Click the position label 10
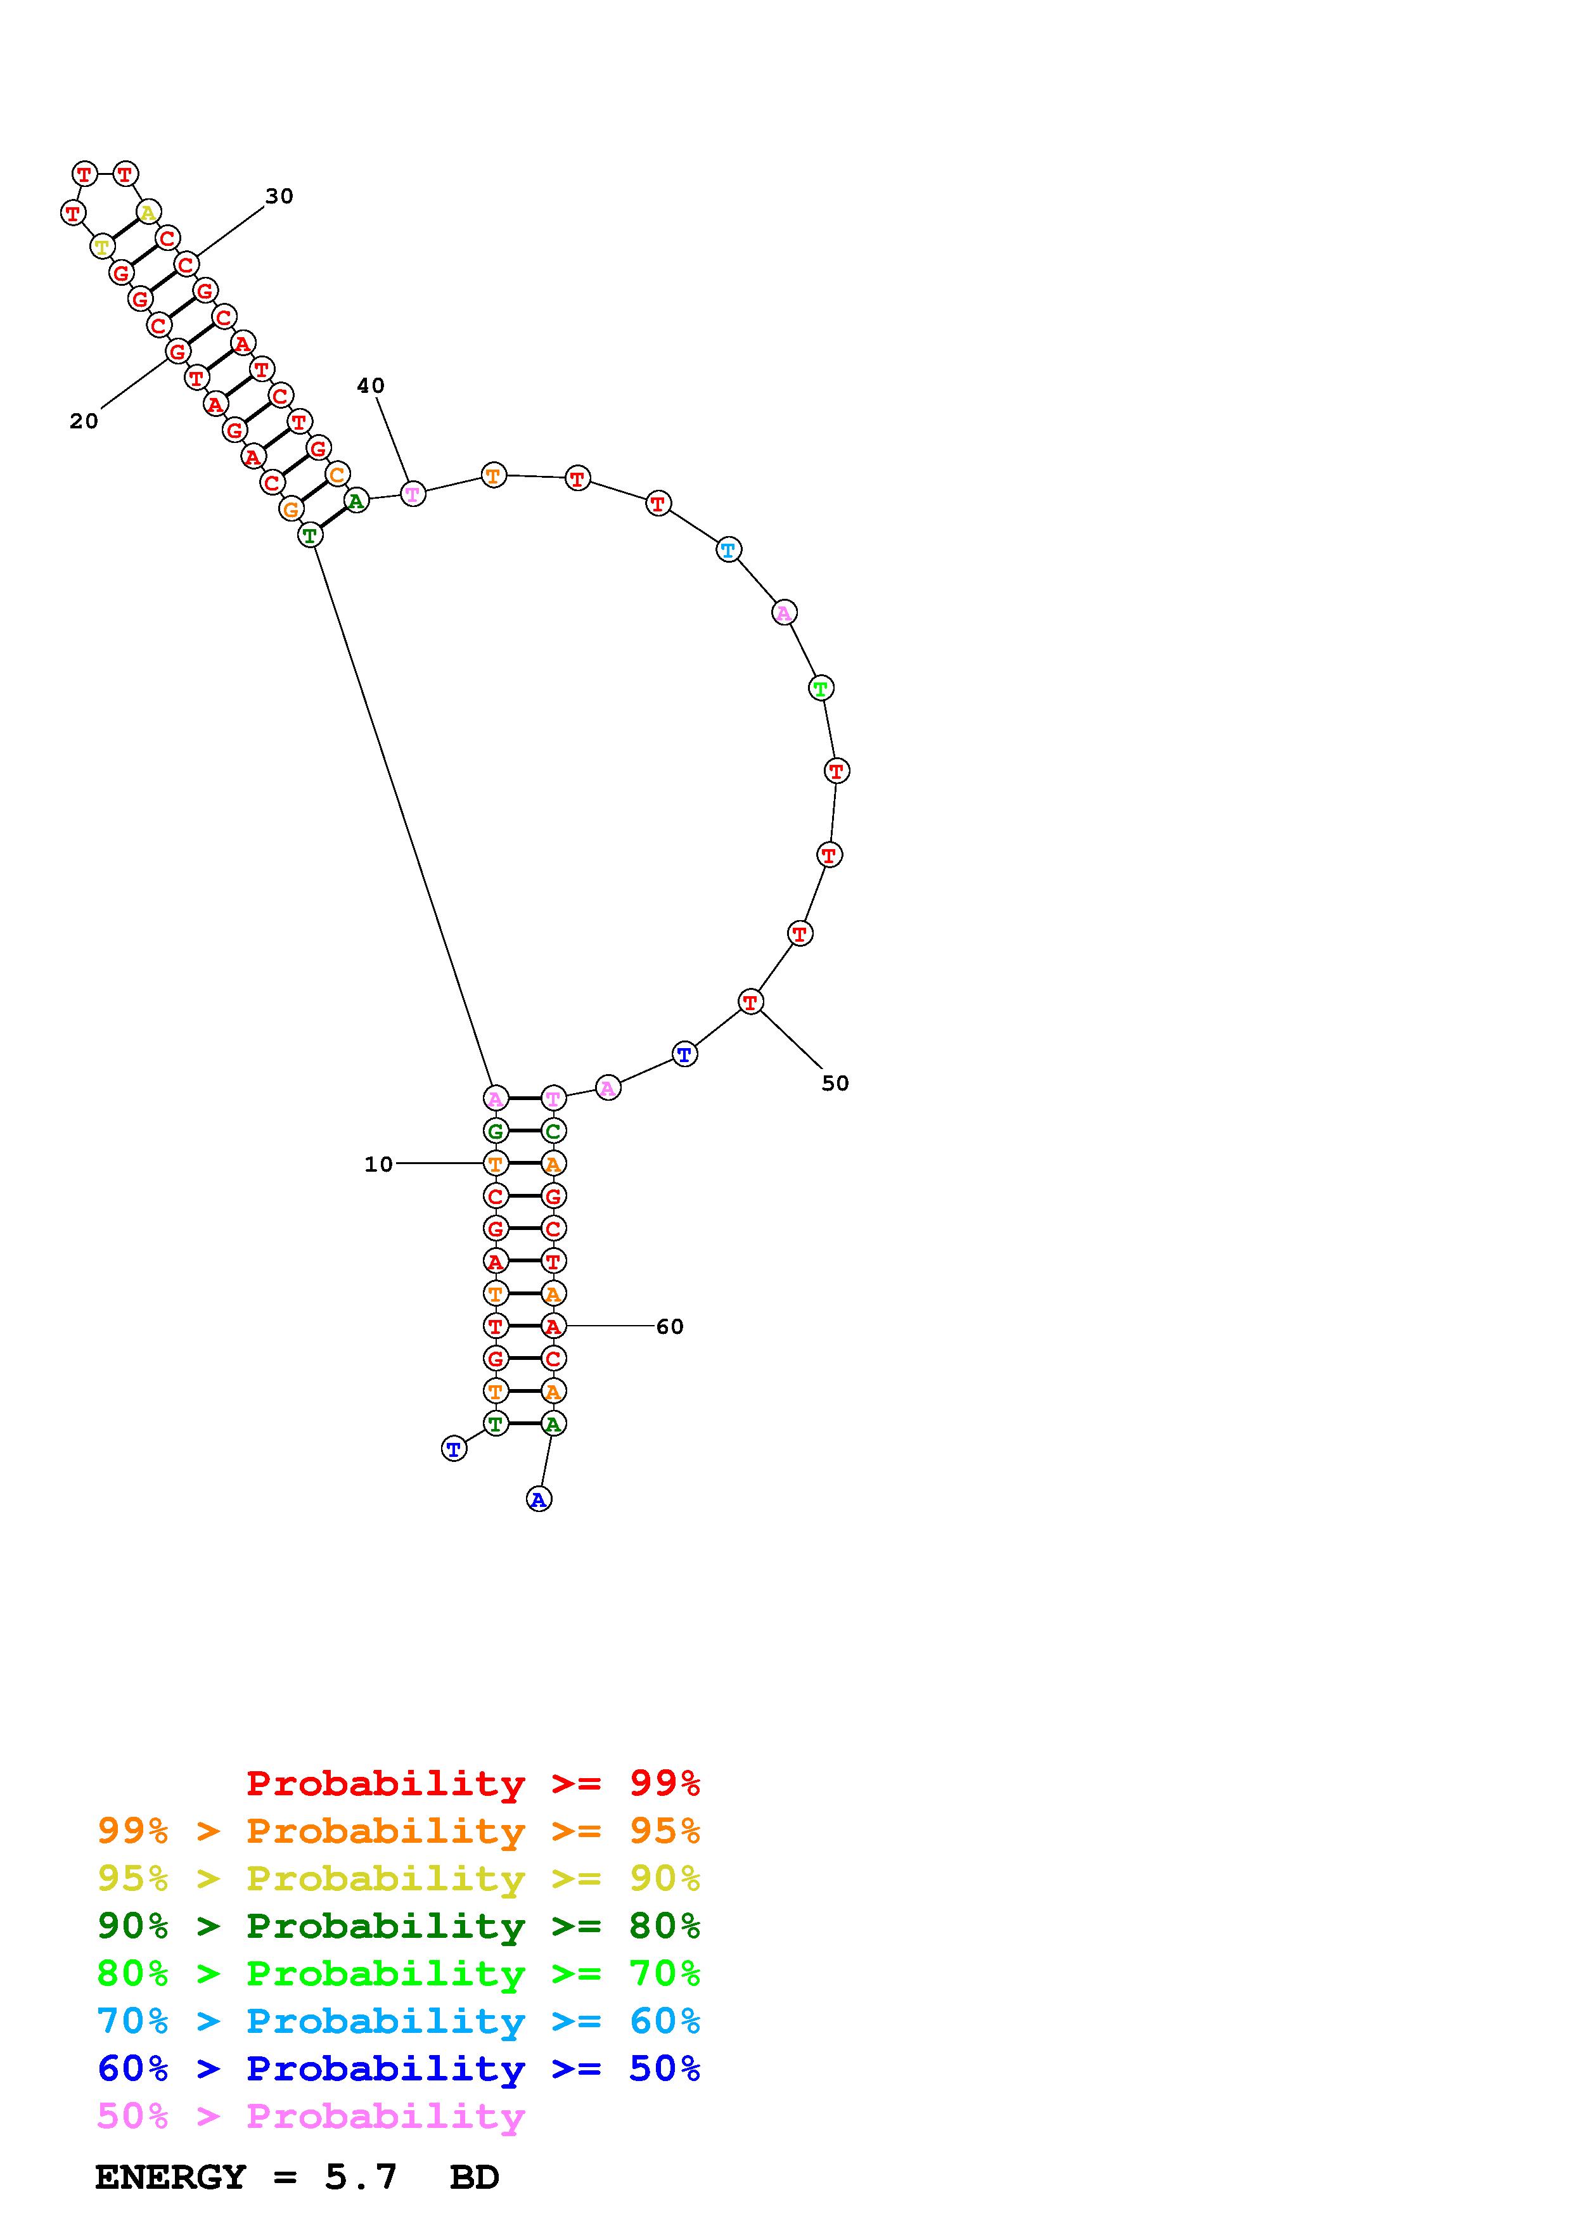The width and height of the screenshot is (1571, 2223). (x=378, y=1164)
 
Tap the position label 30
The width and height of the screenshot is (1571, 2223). (x=279, y=196)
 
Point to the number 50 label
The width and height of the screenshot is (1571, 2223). (x=835, y=1084)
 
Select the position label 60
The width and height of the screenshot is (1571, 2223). (x=670, y=1326)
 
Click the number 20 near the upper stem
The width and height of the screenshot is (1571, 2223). (x=84, y=421)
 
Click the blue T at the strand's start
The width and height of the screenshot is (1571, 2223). (x=454, y=1449)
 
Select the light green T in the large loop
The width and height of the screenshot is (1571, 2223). (x=821, y=688)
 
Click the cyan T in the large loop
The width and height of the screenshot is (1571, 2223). (x=728, y=550)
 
